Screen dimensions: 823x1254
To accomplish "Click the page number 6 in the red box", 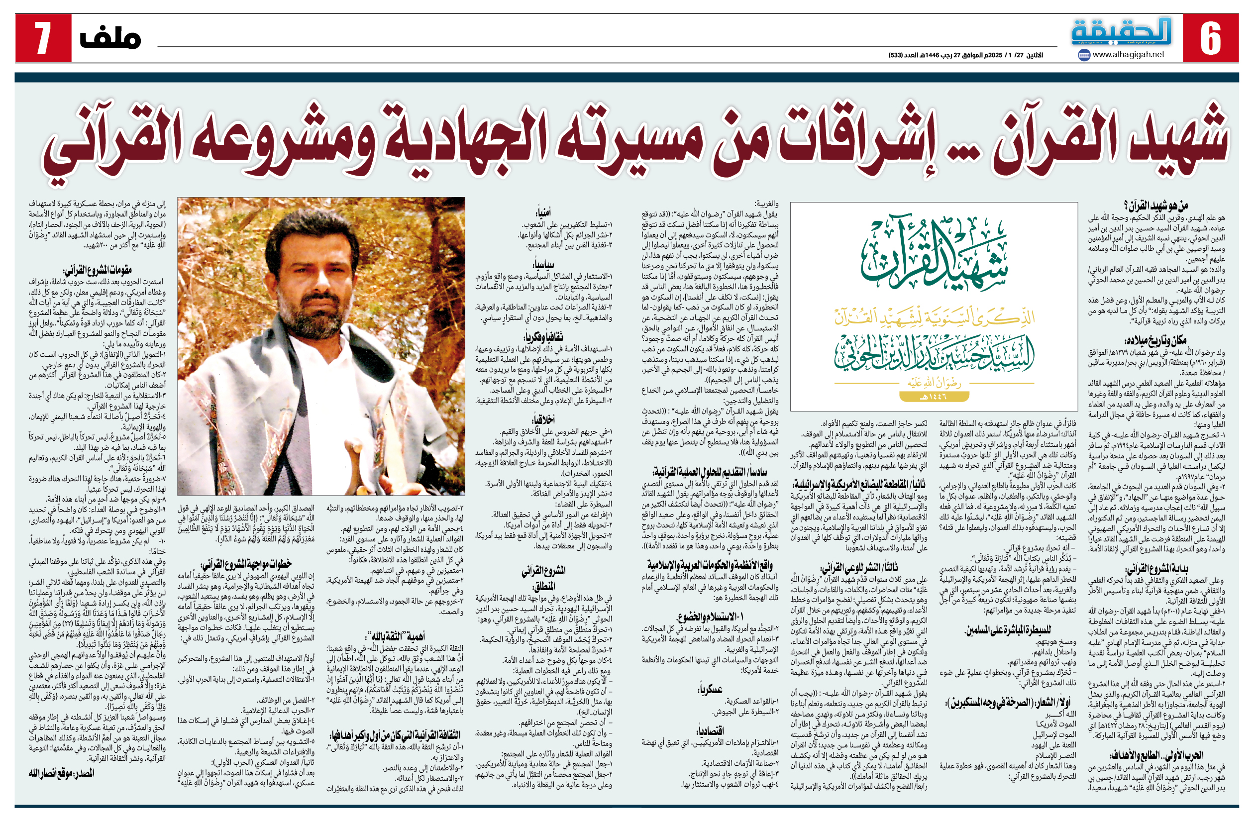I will coord(1210,38).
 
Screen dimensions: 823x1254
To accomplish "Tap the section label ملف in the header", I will coord(110,38).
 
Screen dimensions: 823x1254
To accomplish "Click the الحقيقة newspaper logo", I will coord(1121,32).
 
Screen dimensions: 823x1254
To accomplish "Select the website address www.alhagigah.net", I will coord(1128,54).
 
